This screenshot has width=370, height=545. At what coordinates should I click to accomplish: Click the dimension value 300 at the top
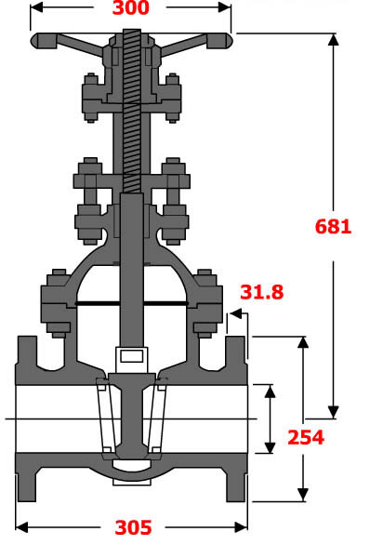[131, 10]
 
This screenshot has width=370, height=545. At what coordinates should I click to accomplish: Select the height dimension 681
[333, 225]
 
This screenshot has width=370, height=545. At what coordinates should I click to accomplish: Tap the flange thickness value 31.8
[262, 292]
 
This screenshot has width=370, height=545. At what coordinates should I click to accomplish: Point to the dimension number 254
[305, 437]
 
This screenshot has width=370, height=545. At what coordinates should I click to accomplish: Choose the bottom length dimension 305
[132, 527]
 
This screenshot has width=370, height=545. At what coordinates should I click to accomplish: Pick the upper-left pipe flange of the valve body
[28, 355]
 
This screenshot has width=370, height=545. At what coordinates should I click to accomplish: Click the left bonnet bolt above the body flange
[53, 299]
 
